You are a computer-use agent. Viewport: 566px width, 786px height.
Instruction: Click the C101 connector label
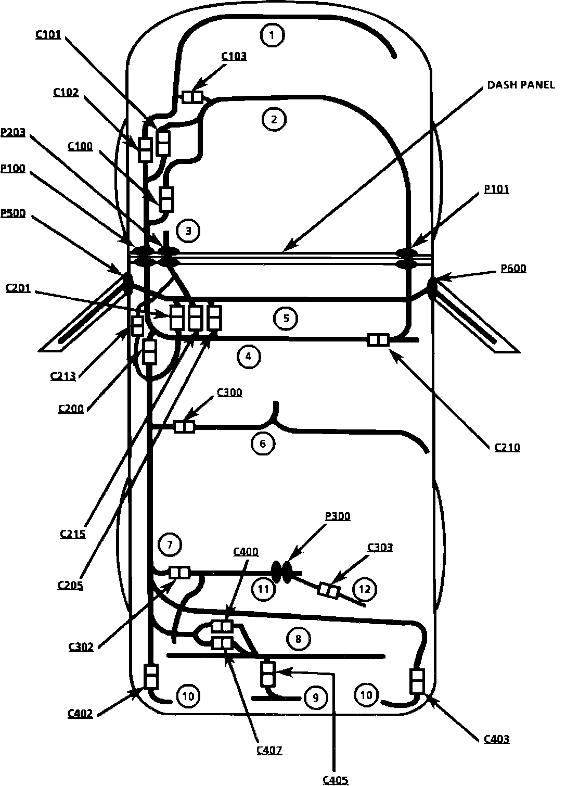tap(48, 35)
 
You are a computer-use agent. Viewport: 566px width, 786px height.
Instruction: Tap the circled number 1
tap(273, 35)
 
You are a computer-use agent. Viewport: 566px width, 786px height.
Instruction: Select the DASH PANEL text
tap(521, 85)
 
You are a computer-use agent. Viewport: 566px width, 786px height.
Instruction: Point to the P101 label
tap(496, 189)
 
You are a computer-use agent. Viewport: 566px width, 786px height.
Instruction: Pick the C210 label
tap(507, 447)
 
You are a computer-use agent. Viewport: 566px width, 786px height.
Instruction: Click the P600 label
tap(513, 269)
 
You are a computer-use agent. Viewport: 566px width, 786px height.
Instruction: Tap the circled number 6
tap(262, 443)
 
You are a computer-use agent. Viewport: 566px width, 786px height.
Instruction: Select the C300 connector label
tap(229, 392)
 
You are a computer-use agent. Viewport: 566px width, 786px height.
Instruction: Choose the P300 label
tap(338, 516)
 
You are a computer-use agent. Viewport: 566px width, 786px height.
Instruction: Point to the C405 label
tap(336, 780)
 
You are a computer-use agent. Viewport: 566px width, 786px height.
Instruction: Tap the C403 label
tap(497, 739)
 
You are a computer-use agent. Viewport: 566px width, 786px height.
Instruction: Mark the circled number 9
tap(315, 698)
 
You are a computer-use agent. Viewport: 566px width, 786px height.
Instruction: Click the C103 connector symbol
tap(192, 97)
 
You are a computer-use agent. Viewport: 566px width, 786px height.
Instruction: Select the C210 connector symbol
tap(378, 340)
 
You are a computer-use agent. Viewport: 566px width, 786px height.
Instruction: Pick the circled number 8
tap(298, 639)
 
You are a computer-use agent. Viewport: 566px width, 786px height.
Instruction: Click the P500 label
tap(13, 213)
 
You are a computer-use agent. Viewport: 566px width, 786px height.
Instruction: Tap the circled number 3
tap(188, 231)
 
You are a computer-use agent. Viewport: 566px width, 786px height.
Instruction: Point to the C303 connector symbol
tap(329, 591)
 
